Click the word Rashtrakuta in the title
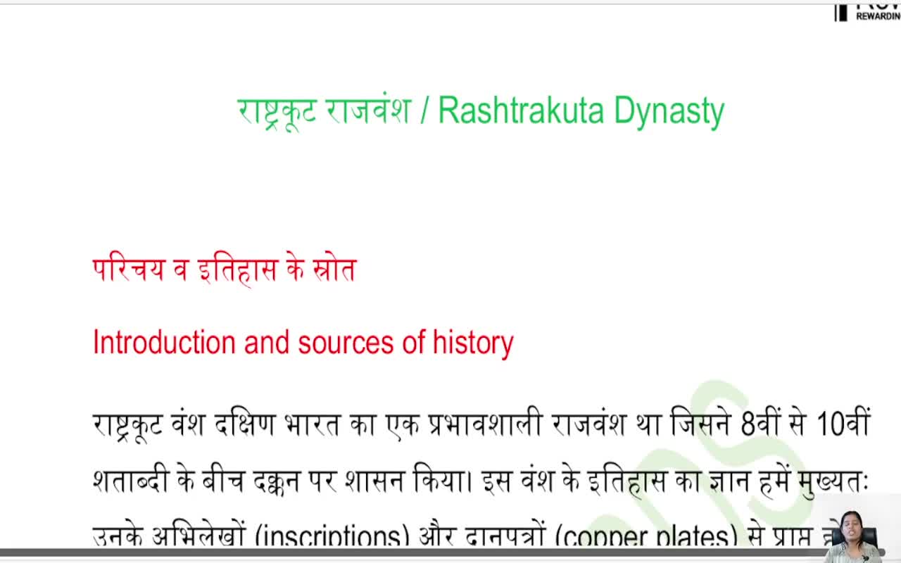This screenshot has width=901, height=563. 522,110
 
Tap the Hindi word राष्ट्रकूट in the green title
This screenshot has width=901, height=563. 277,111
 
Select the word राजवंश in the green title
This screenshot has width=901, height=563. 368,111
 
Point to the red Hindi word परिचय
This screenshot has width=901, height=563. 129,270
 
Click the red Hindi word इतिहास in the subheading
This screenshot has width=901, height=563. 237,270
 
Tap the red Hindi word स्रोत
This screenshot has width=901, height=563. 334,270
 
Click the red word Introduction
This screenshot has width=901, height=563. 164,343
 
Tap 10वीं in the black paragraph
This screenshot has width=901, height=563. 843,424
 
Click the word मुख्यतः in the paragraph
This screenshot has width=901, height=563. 834,481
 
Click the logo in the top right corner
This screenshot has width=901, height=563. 866,11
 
